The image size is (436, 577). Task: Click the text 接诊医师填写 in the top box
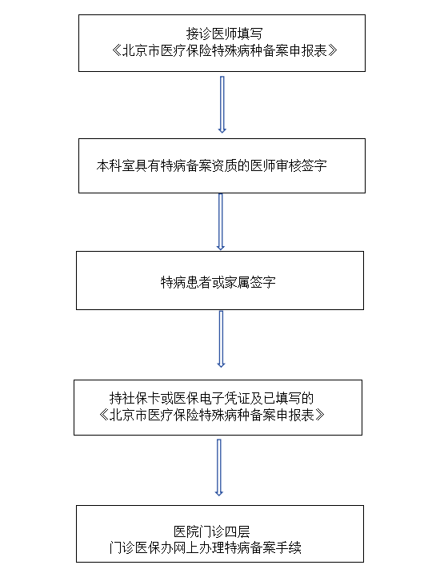[x=224, y=34]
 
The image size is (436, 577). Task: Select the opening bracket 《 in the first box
[x=117, y=50]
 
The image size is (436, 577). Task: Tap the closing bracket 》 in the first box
[x=333, y=50]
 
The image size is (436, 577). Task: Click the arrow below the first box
[x=222, y=105]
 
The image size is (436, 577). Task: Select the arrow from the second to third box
[x=221, y=222]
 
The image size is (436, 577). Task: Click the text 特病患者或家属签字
[x=218, y=282]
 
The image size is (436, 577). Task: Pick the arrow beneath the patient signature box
[x=221, y=339]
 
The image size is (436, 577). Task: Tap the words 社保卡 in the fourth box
[x=142, y=399]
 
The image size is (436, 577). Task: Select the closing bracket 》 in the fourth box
[x=320, y=415]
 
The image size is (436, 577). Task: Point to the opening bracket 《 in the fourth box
[x=104, y=415]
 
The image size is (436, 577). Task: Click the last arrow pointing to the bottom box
[x=219, y=468]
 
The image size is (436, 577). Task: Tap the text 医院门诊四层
[x=212, y=531]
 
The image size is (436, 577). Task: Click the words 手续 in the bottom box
[x=289, y=548]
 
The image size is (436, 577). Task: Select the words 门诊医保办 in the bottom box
[x=142, y=548]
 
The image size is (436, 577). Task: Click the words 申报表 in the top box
[x=309, y=50]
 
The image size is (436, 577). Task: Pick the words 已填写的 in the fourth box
[x=288, y=399]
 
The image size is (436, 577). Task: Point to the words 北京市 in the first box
[x=141, y=50]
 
